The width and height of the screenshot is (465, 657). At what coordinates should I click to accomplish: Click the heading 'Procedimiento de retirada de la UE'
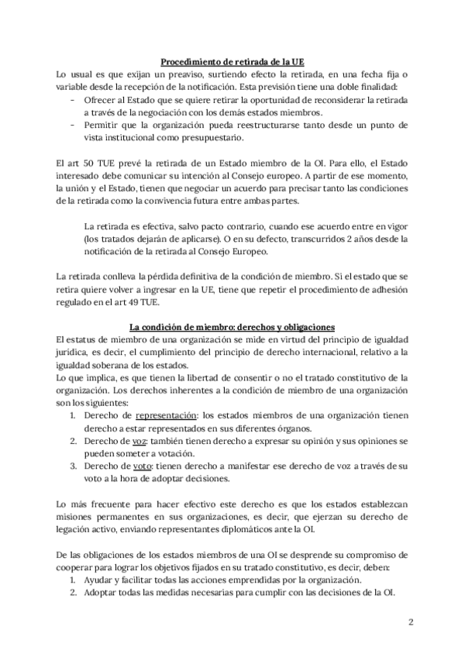click(x=232, y=61)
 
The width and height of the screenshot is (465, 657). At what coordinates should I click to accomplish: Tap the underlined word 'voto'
click(x=135, y=465)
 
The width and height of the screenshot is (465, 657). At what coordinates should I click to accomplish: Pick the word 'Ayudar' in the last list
click(x=98, y=580)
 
